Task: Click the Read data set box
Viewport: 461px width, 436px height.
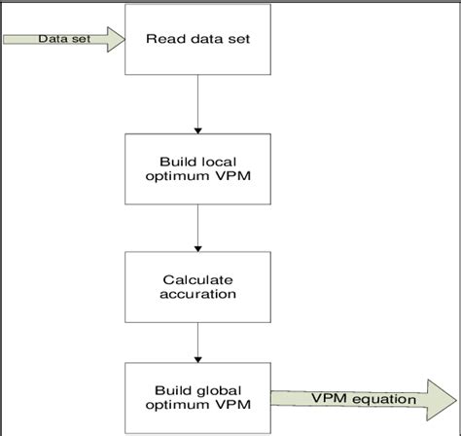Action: click(198, 40)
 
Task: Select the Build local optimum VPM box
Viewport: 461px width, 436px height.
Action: click(198, 167)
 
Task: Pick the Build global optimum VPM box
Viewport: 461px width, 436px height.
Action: click(198, 398)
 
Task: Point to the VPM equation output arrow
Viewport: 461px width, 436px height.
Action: click(364, 399)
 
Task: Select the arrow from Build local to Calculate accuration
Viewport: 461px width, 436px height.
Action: click(198, 227)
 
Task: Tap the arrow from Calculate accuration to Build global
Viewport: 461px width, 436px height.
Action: click(198, 343)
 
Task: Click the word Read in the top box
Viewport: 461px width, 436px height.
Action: click(162, 40)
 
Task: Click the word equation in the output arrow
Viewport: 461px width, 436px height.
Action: click(385, 399)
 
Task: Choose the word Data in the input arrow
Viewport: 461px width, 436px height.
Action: click(51, 40)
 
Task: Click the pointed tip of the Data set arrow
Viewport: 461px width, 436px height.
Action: click(124, 40)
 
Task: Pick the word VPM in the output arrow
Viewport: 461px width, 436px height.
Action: click(328, 399)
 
